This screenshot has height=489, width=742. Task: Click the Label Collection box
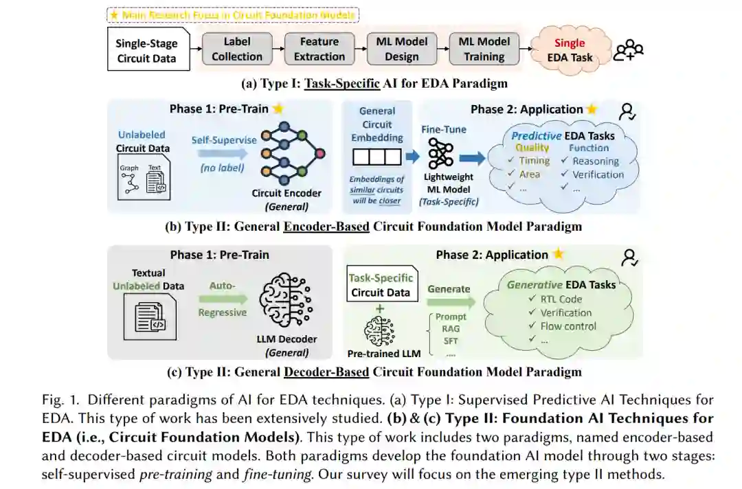tap(237, 49)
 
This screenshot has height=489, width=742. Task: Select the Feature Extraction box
tap(319, 49)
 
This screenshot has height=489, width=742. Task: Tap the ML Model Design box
tap(402, 49)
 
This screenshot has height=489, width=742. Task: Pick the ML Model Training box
tap(484, 49)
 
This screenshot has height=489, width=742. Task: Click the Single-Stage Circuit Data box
tap(147, 49)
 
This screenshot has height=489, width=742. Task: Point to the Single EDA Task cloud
tap(570, 50)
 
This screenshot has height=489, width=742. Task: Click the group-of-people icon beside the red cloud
tap(629, 50)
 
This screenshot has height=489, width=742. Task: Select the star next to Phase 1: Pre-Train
tap(278, 109)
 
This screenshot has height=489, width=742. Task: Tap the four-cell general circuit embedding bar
tap(376, 157)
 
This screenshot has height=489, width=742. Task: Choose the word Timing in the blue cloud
tap(535, 161)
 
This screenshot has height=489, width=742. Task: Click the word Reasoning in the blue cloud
tap(596, 161)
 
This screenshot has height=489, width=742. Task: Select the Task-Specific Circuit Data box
tap(381, 285)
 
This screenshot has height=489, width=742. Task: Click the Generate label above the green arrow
tap(449, 289)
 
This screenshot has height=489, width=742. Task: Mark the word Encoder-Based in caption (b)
tap(326, 226)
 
